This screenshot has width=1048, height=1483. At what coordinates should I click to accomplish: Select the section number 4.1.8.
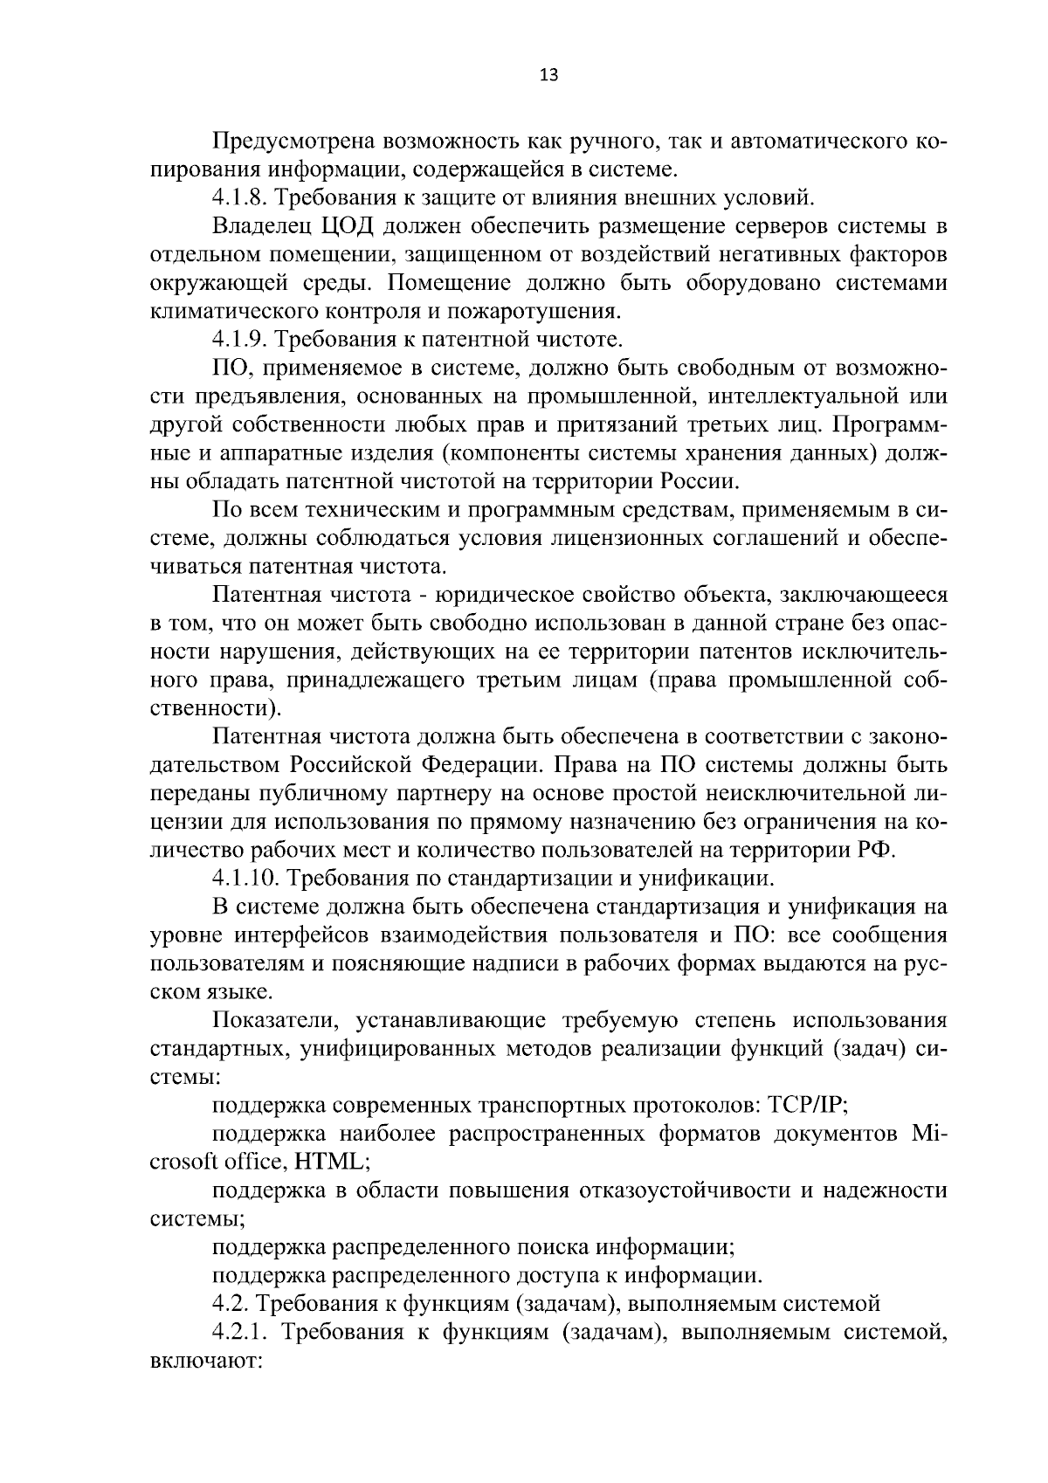coord(244,197)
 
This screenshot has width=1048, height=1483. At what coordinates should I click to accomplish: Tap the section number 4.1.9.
coord(244,339)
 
